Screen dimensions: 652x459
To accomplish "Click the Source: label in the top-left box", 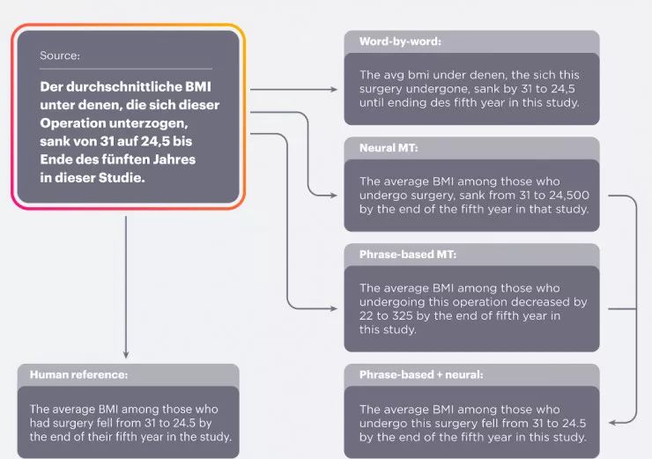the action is point(60,56).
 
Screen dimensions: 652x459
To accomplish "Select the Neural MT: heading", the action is point(383,148).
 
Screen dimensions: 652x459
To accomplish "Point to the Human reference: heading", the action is point(78,374).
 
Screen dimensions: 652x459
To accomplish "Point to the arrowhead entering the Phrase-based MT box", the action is point(337,308).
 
